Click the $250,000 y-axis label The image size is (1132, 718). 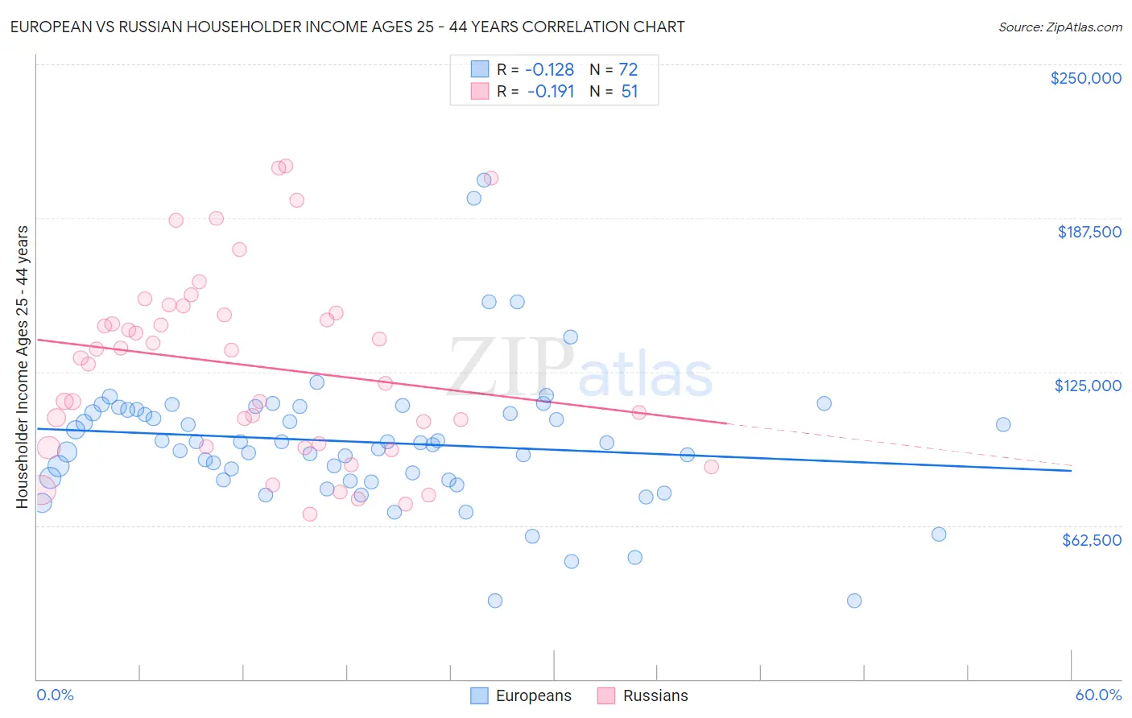[x=1085, y=78]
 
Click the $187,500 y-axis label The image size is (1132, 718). [x=1089, y=232]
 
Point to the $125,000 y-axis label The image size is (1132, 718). [x=1088, y=386]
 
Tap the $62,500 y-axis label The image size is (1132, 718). [x=1091, y=540]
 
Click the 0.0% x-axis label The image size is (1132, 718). [x=55, y=695]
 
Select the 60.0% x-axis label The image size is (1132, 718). [x=1098, y=695]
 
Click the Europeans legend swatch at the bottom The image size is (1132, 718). [x=479, y=695]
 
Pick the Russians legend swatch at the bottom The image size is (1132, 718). [x=606, y=695]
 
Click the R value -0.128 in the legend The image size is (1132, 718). [x=549, y=70]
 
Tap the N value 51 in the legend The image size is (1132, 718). [x=629, y=92]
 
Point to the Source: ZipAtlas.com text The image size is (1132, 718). [x=1060, y=27]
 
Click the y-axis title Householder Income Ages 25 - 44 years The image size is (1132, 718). [x=22, y=367]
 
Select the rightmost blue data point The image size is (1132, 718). [x=1003, y=424]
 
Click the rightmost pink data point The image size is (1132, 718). [x=711, y=467]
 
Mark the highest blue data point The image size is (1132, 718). [x=484, y=180]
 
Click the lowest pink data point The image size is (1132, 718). [x=310, y=514]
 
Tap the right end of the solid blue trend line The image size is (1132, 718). [x=1071, y=470]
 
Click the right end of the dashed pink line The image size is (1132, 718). [x=1071, y=465]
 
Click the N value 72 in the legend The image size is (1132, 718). [x=628, y=70]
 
